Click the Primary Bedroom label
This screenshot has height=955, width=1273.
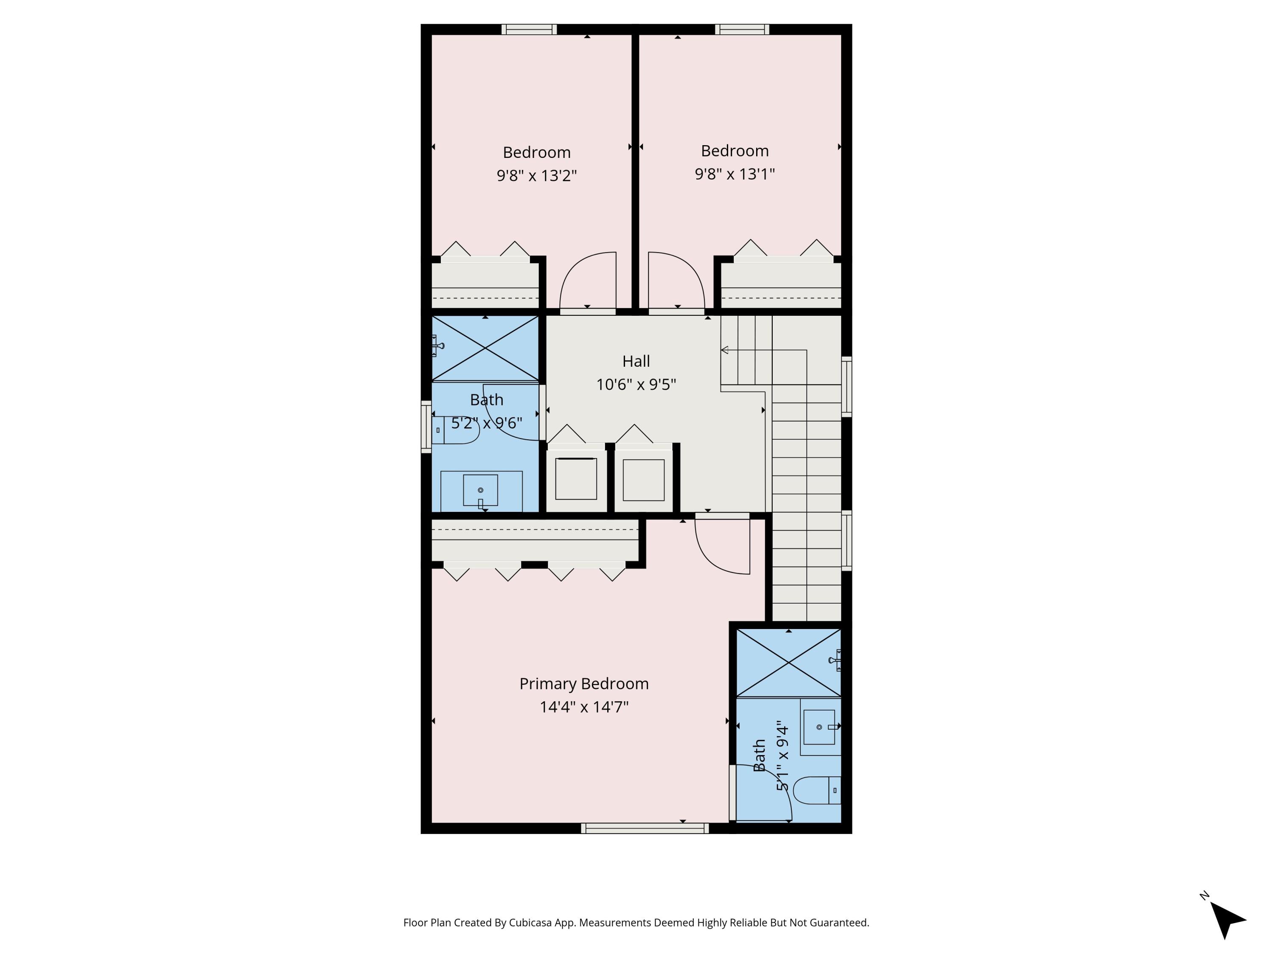point(583,684)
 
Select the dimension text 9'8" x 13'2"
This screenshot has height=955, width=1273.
point(536,176)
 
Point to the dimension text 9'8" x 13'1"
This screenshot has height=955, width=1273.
point(735,174)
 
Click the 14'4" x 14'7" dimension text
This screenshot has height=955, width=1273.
point(583,707)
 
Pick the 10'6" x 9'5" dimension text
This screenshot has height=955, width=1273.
point(636,385)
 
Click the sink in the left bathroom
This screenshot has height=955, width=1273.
point(480,491)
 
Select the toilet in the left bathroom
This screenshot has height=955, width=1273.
point(457,430)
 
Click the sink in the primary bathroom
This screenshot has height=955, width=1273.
point(819,727)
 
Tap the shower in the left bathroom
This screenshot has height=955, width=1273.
point(485,348)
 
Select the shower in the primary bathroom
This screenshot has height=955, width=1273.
point(788,663)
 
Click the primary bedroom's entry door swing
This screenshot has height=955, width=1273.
point(722,544)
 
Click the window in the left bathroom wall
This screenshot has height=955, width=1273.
point(426,427)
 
